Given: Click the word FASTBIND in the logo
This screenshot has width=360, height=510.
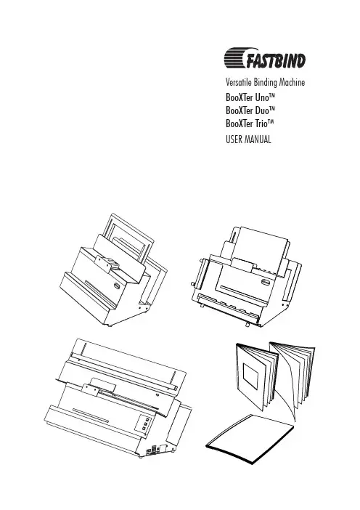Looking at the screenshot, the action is click(276, 61).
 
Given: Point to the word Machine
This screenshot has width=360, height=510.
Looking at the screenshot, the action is click(292, 82).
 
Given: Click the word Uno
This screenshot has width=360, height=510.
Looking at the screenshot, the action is click(261, 97).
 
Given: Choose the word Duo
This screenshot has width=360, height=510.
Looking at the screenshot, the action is click(262, 110).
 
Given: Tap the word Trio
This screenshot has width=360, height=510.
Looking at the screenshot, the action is click(261, 124).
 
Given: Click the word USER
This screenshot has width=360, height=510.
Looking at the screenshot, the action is click(234, 139).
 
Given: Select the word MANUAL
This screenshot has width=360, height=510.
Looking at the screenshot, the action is click(258, 139).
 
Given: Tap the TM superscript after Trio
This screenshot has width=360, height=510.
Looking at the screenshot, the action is click(271, 121).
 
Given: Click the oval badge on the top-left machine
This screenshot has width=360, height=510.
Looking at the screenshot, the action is click(118, 286).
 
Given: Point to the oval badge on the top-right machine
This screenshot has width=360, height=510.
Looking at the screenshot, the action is click(266, 282).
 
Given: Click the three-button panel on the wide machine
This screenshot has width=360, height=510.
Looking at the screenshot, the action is click(145, 424).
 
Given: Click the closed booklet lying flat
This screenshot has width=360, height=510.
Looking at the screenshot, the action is click(250, 437).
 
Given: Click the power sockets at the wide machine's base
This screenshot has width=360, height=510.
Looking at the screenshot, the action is click(153, 450).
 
